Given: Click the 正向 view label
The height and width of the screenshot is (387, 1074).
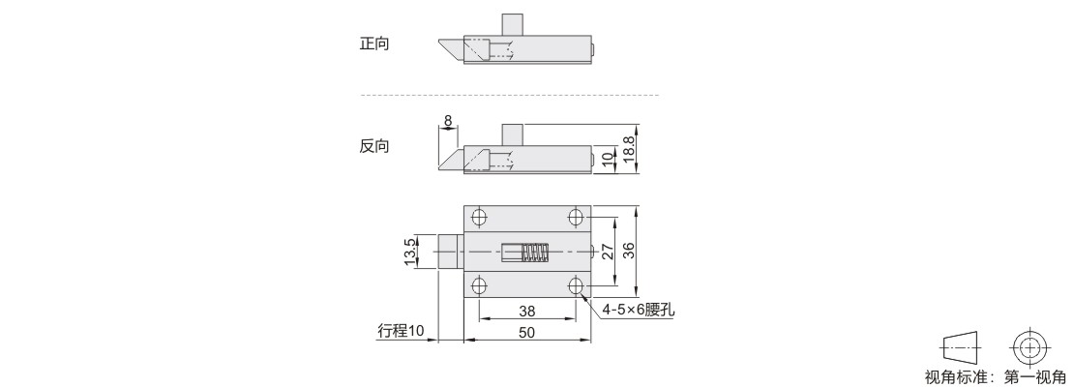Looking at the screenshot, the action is click(x=374, y=44).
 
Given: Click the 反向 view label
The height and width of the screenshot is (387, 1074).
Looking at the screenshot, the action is click(x=374, y=146).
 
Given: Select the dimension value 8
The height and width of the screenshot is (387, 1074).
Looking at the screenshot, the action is click(x=448, y=121).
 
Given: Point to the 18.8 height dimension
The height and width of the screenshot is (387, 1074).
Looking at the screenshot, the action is click(x=630, y=149).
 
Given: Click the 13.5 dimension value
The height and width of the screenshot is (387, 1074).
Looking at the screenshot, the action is click(x=408, y=253).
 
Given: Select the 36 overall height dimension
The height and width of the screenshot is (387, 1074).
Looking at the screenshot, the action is click(x=628, y=253).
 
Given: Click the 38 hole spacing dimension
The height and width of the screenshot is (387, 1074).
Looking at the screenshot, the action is click(x=526, y=311).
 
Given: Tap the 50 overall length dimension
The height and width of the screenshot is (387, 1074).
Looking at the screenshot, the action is click(x=526, y=332).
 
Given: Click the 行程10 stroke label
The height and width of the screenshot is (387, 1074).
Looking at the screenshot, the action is click(x=402, y=331).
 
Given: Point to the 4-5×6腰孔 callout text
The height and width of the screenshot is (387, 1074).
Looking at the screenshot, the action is click(x=639, y=310).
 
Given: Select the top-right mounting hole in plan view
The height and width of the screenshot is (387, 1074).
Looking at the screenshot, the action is click(x=576, y=219).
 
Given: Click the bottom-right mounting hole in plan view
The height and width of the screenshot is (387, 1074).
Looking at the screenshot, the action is click(x=576, y=285).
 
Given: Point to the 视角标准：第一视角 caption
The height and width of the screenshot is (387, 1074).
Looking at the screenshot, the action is click(x=996, y=376).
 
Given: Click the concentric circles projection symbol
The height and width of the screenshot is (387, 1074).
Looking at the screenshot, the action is click(x=1029, y=348).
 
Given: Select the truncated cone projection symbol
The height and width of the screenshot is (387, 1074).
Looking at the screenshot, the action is click(x=960, y=348).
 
